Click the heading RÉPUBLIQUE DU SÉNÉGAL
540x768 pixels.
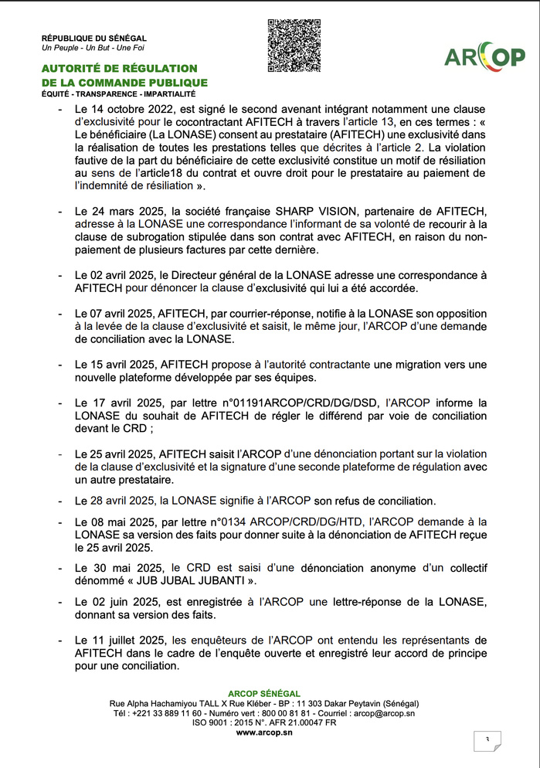(x=93, y=38)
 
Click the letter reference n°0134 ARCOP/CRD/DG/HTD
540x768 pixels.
(x=290, y=520)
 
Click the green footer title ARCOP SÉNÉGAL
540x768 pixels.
(x=264, y=694)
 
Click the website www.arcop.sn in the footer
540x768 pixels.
(x=264, y=732)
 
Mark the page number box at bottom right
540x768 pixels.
(x=487, y=741)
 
